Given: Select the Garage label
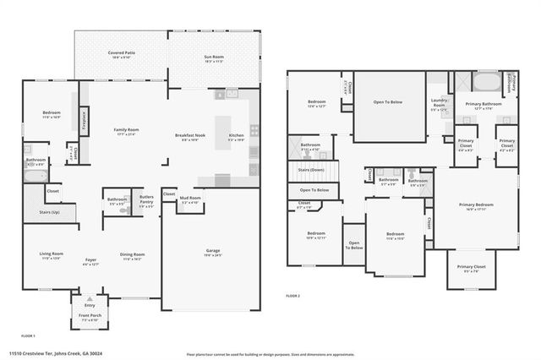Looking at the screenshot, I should (213, 251).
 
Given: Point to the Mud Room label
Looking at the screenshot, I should (191, 199).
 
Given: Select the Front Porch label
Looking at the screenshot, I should (90, 318).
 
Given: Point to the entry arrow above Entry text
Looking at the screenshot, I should (90, 298).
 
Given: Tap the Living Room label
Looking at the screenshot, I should (52, 254).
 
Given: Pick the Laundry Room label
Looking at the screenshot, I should (438, 106).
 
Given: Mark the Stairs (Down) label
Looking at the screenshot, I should (312, 169).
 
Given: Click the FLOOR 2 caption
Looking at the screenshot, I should (292, 296).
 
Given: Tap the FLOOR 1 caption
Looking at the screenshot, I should (27, 335).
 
